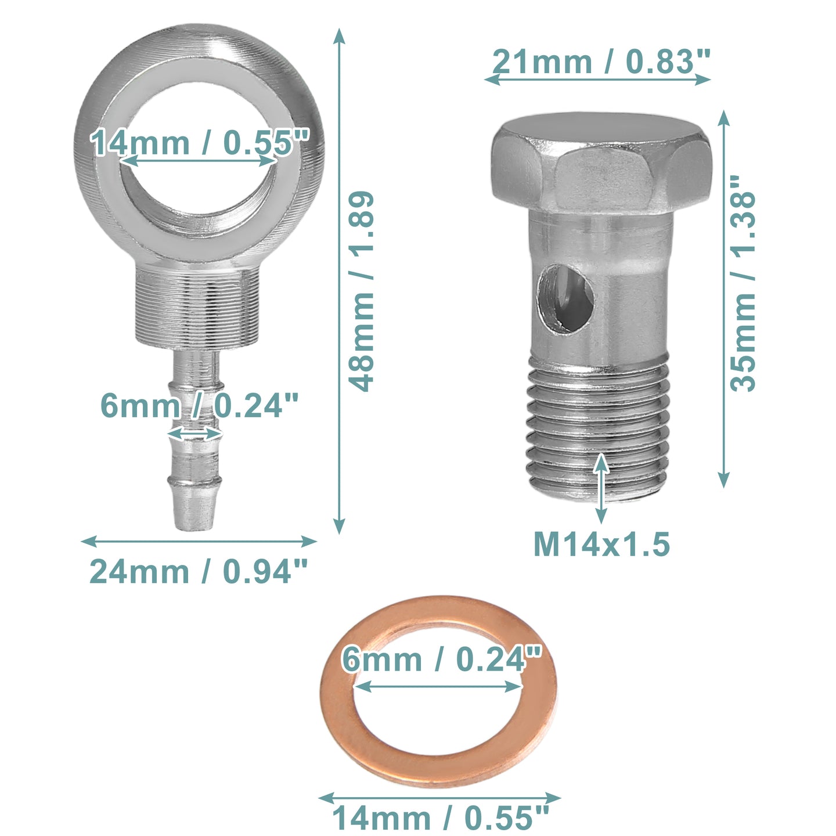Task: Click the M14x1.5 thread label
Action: [x=601, y=545]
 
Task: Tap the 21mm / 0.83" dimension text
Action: [x=601, y=62]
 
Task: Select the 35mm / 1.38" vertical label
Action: [x=743, y=283]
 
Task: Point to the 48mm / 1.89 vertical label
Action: [x=361, y=291]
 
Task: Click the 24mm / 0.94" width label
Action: [x=199, y=572]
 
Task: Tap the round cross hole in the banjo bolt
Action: [x=565, y=299]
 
